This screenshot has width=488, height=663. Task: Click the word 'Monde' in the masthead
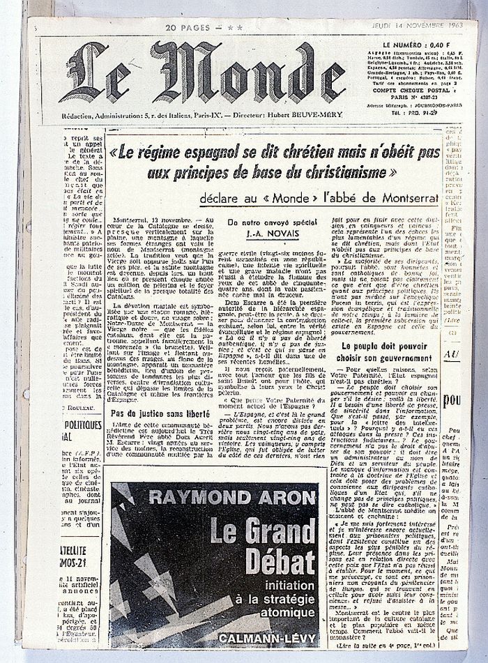point(247,73)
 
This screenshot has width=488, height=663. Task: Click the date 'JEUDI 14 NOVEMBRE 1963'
point(434,26)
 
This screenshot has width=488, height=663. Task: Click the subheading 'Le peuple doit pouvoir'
point(384,344)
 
